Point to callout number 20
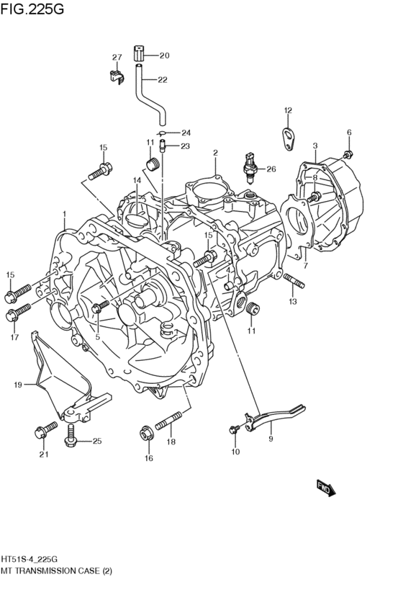click(x=163, y=55)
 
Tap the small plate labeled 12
click(x=289, y=138)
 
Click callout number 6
click(x=349, y=133)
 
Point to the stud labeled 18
click(x=171, y=420)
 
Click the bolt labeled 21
click(x=45, y=431)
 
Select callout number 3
click(x=315, y=146)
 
